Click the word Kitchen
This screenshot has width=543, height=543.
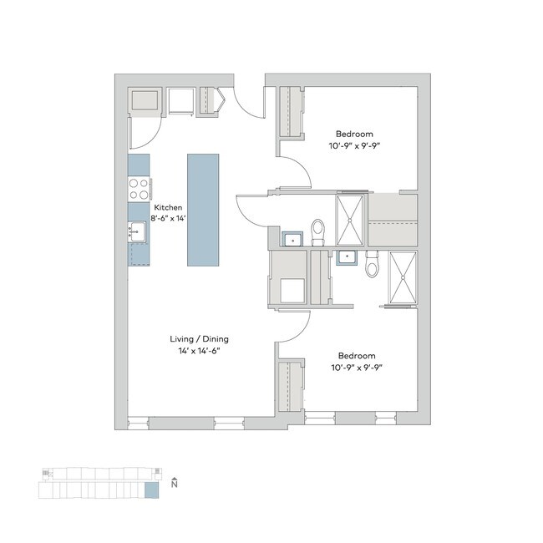[x=167, y=207]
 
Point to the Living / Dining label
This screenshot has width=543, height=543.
[x=199, y=339]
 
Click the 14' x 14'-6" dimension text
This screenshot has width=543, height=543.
[x=199, y=351]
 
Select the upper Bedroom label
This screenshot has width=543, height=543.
[x=354, y=134]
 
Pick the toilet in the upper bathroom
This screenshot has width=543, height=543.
[x=317, y=231]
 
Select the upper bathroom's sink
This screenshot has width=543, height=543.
[x=292, y=241]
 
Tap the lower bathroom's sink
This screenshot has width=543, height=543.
[x=346, y=257]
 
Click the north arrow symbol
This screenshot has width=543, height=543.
[x=174, y=483]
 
